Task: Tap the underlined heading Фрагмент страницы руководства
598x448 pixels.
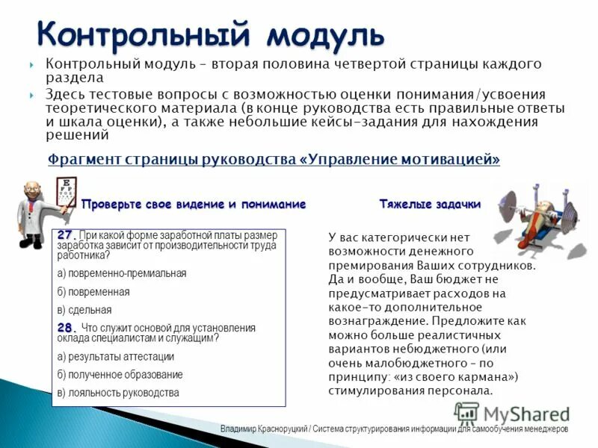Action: coord(172,160)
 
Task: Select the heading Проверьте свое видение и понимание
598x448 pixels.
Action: coord(194,204)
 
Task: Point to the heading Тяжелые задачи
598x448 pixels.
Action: coord(430,203)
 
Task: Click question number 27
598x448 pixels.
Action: coord(66,234)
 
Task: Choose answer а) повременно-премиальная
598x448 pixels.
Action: coord(122,273)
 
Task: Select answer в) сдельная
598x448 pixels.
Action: coord(84,310)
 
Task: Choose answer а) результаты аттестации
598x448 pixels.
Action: coord(112,356)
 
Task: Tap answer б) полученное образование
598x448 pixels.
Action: coord(120,375)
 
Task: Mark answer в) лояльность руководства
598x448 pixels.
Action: coord(118,393)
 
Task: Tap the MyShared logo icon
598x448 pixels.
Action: coord(466,413)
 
